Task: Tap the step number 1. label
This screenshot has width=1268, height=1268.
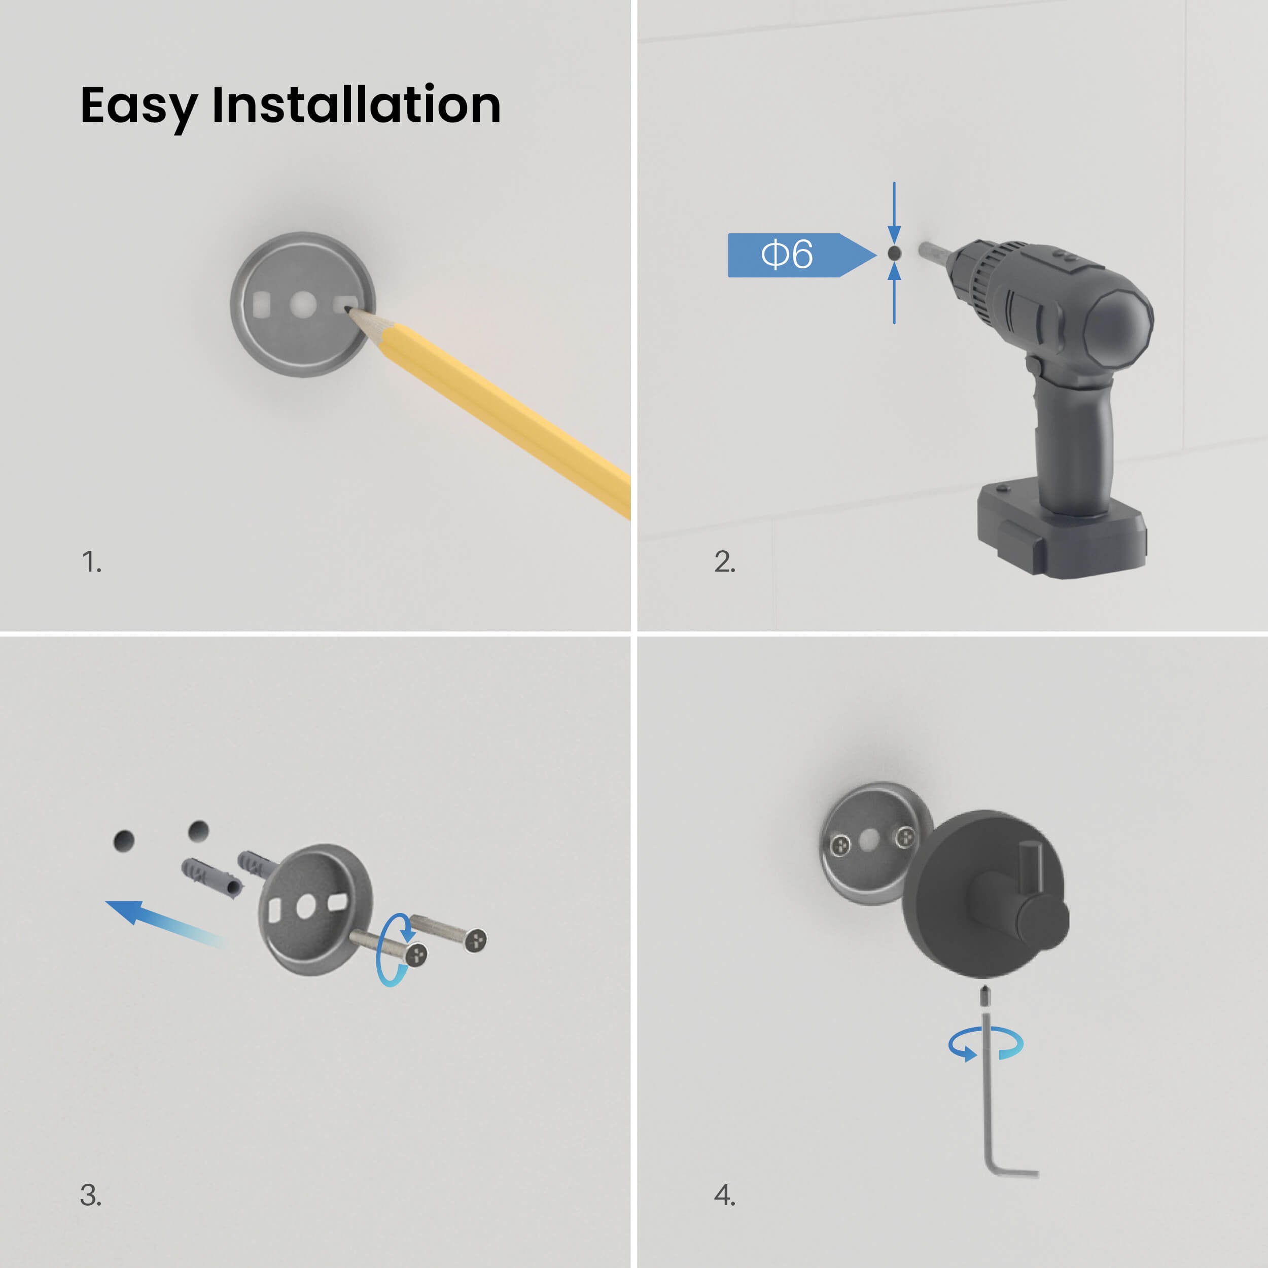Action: click(x=92, y=562)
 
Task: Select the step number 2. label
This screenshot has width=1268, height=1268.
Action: click(x=725, y=562)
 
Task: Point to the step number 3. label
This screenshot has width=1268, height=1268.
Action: click(x=91, y=1195)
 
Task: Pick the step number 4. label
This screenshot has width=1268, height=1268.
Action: click(x=725, y=1195)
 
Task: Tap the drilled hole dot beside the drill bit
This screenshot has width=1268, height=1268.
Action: click(x=894, y=253)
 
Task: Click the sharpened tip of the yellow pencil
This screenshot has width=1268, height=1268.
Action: click(x=347, y=308)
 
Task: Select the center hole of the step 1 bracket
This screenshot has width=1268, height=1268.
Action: click(x=303, y=304)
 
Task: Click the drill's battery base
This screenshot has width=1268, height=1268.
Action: click(x=1061, y=531)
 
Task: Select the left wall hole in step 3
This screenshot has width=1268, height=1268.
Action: click(x=124, y=841)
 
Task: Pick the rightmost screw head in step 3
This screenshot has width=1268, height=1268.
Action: click(x=475, y=940)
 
